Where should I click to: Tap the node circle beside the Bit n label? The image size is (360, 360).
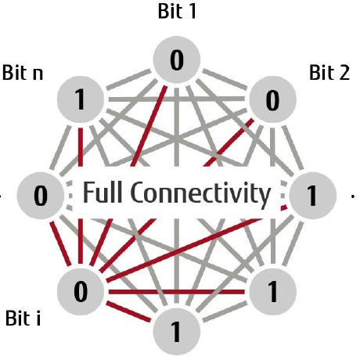click(x=81, y=99)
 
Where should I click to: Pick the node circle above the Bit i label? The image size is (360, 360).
click(x=81, y=293)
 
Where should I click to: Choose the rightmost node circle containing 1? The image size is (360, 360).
click(x=312, y=195)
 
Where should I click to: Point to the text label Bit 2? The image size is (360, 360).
click(x=329, y=73)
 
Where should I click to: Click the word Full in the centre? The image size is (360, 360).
click(x=110, y=193)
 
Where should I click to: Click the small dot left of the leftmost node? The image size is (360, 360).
click(x=5, y=194)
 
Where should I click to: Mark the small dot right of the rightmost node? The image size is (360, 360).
click(x=355, y=194)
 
